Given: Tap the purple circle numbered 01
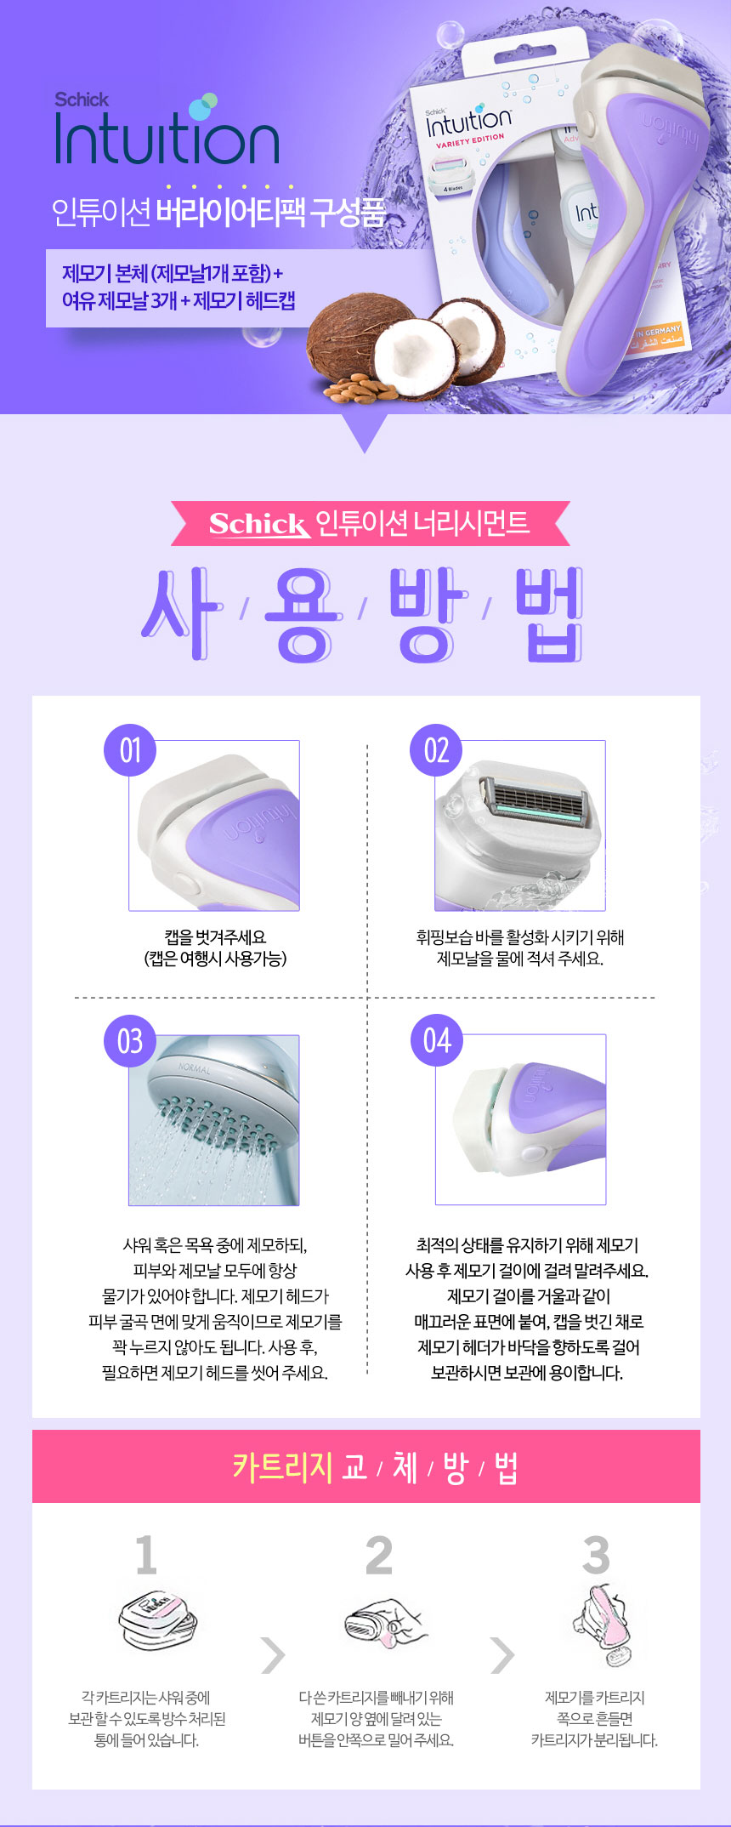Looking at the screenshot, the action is point(129,750).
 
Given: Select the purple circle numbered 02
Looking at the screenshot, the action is point(436,750).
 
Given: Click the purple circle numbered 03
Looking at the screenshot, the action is point(130,1040).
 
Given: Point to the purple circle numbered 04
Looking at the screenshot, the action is point(437,1040).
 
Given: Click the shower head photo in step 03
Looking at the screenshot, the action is point(214,1119).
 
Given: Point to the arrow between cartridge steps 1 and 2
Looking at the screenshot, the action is point(274,1654).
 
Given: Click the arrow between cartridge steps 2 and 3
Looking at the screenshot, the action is point(503,1654).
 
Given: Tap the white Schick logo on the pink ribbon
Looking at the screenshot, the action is point(259,524).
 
